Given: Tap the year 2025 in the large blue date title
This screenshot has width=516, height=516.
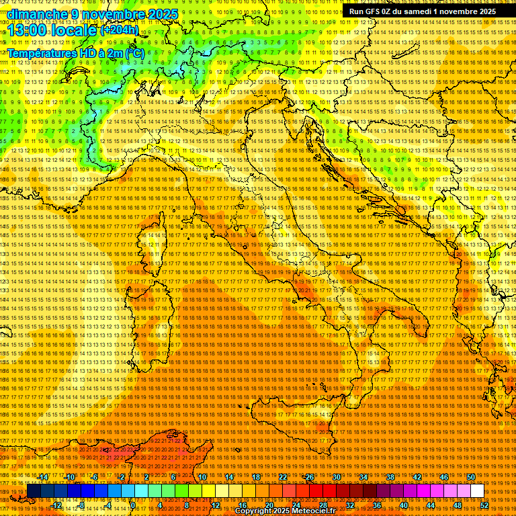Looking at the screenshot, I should tap(161, 14).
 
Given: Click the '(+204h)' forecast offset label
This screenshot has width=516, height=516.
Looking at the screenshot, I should tap(120, 30).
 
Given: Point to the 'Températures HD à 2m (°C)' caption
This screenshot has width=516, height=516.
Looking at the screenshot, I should tap(75, 53).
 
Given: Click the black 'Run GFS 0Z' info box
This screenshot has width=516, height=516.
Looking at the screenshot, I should tap(423, 11).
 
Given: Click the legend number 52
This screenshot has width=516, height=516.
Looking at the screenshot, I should tap(484, 505).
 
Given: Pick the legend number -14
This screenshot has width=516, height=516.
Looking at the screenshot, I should tap(43, 477).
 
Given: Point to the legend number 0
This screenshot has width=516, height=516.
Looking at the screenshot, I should tap(132, 505).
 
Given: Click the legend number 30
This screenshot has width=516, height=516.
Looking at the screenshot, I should tap(336, 477).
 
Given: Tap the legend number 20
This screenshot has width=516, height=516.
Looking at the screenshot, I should tap(269, 505).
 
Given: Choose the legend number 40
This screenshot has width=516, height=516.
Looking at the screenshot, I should tap(404, 505).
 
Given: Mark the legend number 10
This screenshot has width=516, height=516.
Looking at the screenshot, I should tap(202, 477).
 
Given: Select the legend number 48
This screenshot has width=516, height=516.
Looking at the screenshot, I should tap(458, 505).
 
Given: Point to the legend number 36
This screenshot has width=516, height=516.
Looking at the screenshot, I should tap(377, 505).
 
